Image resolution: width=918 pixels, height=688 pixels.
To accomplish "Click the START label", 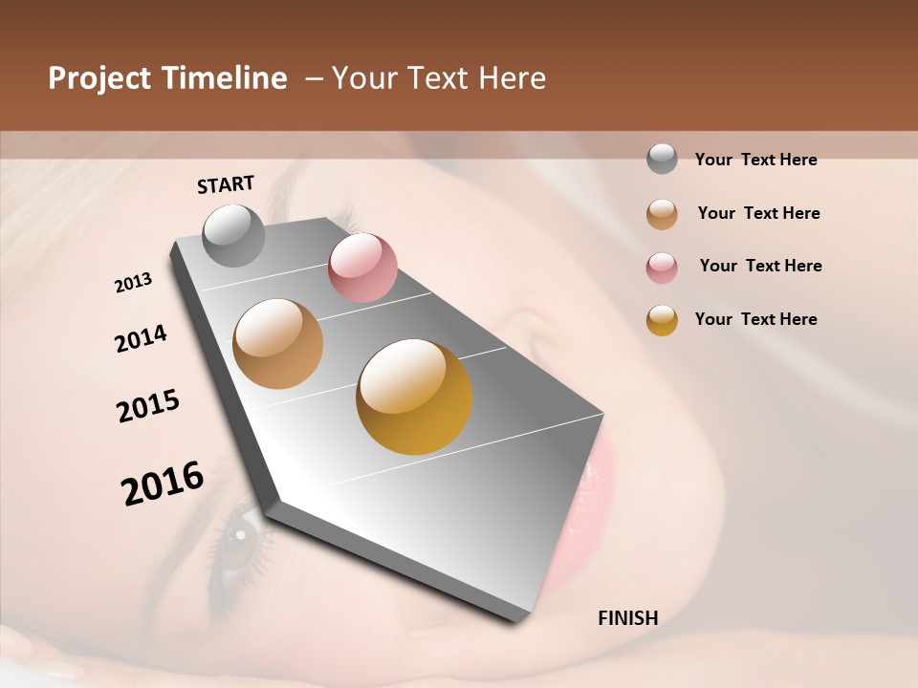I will point(226,184).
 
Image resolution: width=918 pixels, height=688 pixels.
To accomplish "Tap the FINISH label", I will point(627,618).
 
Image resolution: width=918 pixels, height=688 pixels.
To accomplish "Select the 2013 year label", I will point(134,283).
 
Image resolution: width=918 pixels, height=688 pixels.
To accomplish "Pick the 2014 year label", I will point(141,339).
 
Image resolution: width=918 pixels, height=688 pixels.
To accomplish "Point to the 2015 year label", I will point(148,406).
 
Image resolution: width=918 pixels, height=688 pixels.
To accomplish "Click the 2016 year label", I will point(163,483).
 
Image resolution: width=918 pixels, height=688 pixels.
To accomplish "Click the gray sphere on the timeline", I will point(233,236).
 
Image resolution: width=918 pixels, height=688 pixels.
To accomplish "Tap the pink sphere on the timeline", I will point(362,268).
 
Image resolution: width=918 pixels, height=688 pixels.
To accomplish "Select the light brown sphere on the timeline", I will point(277,344).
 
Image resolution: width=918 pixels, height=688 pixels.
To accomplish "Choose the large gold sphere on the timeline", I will point(414,397).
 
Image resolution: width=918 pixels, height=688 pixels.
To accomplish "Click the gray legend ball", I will point(662,160).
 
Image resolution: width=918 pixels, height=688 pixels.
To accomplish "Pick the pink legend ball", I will point(662,268).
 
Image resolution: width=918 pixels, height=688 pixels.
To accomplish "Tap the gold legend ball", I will point(662,320).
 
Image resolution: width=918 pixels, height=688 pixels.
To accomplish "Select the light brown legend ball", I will point(662,214).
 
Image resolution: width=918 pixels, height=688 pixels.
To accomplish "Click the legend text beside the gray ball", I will point(755,160).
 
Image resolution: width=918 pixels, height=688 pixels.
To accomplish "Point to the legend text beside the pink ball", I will point(760,266).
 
